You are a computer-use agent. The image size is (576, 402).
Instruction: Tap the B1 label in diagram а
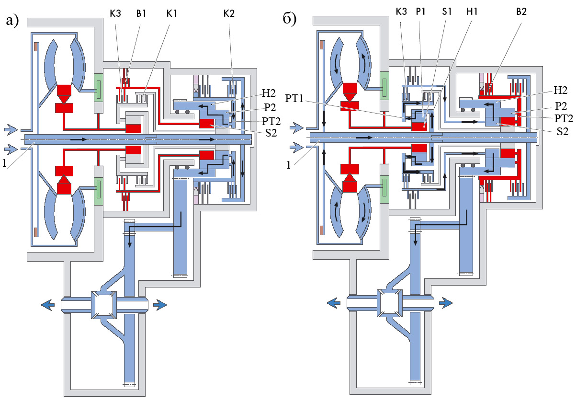click(141, 13)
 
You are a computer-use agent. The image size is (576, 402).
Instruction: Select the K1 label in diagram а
click(171, 13)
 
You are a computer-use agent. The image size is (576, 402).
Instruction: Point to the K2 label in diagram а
click(229, 13)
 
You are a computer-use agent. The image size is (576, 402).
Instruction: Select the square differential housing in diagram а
click(105, 304)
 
